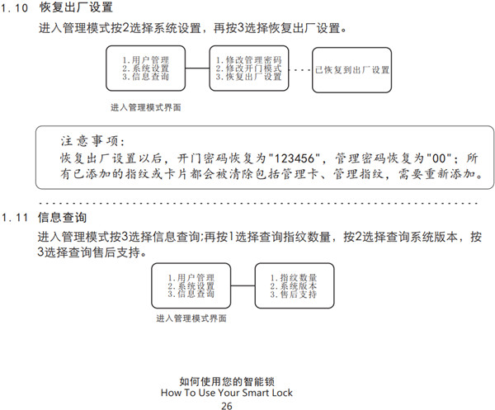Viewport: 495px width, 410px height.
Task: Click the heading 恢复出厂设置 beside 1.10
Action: pyautogui.click(x=76, y=9)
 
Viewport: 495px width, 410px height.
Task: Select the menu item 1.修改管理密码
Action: pyautogui.click(x=248, y=60)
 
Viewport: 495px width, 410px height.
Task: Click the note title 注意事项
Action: pyautogui.click(x=92, y=141)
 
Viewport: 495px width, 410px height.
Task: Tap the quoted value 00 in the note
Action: pyautogui.click(x=440, y=158)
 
